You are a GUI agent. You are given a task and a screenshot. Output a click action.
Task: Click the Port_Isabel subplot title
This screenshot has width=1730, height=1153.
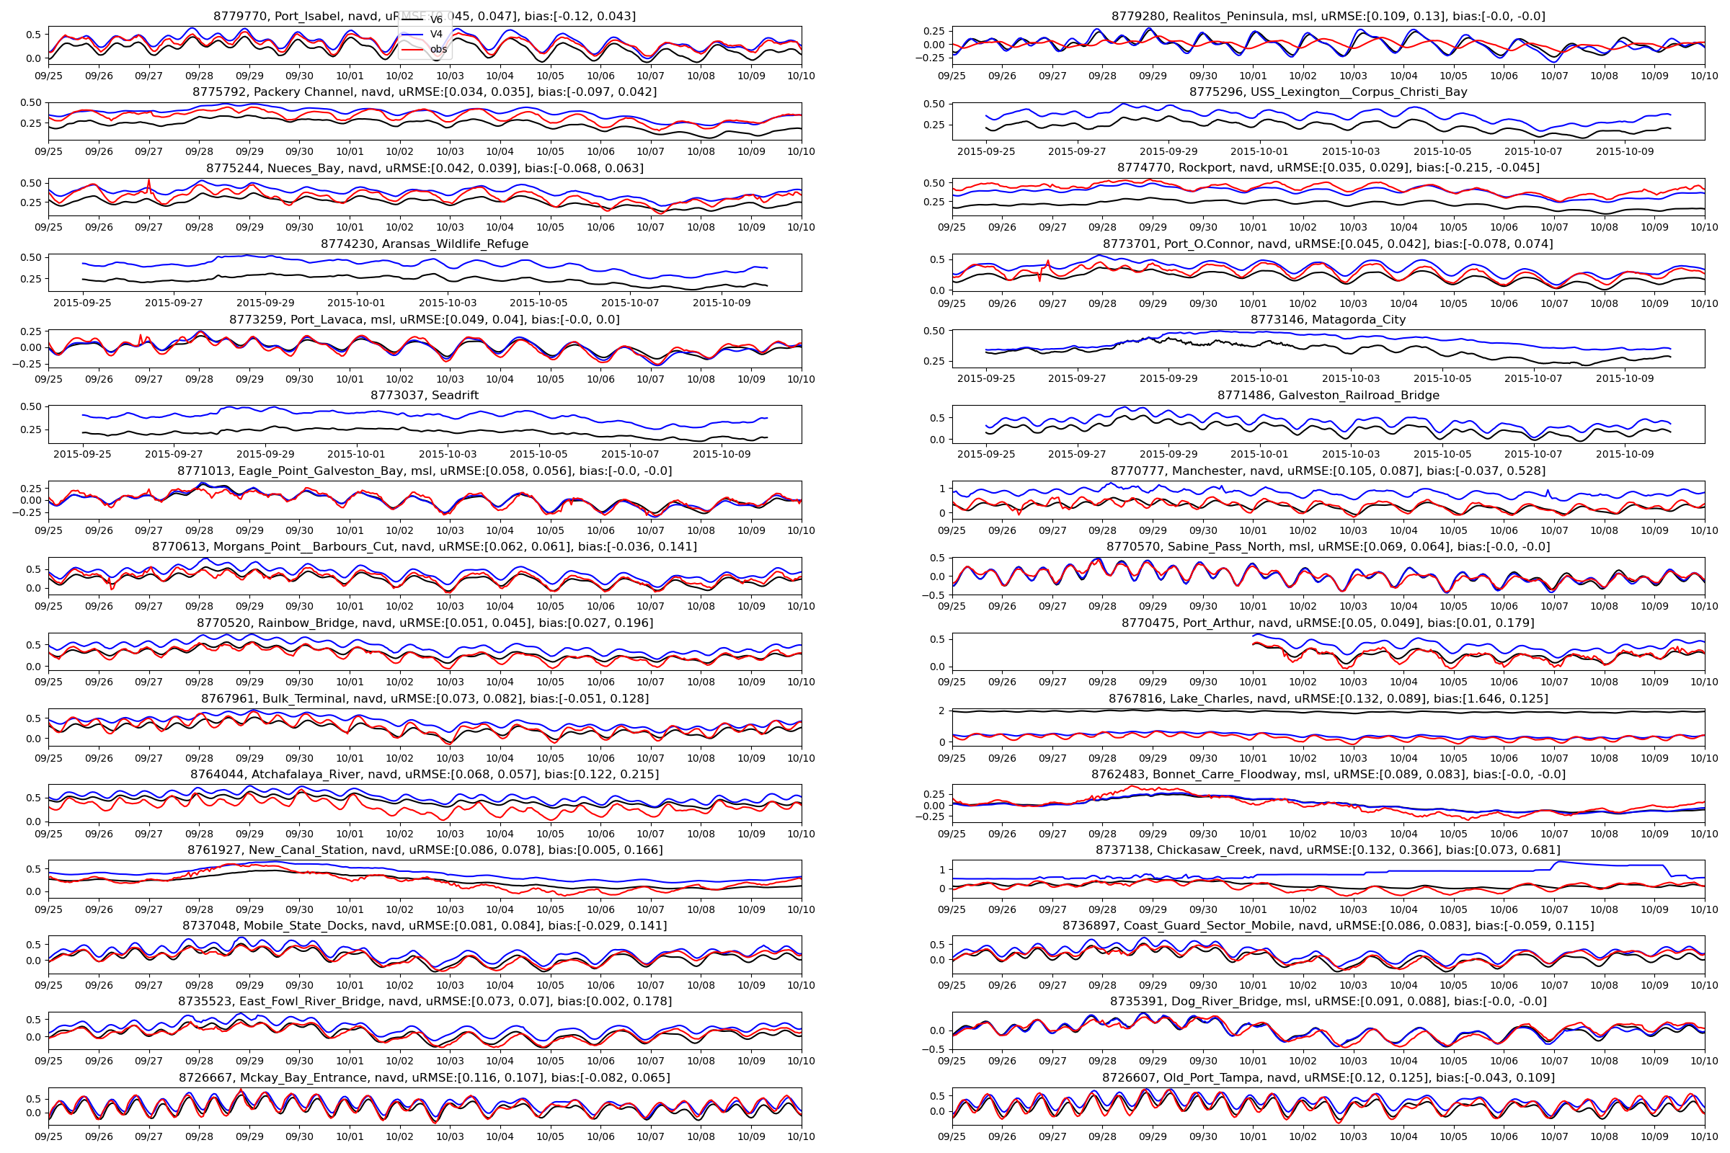point(425,15)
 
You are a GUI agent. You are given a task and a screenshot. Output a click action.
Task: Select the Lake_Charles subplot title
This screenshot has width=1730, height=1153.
point(1328,698)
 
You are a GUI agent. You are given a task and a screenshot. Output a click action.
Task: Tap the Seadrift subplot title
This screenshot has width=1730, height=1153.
point(425,395)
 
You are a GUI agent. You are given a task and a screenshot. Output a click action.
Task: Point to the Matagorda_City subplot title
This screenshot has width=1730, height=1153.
point(1328,319)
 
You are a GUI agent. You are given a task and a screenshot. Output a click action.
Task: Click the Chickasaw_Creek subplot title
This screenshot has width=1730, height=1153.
point(1328,850)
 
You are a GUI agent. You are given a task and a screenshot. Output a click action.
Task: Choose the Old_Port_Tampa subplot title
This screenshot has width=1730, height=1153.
point(1328,1077)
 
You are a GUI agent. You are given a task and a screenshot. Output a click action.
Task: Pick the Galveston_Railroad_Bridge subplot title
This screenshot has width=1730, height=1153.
point(1328,395)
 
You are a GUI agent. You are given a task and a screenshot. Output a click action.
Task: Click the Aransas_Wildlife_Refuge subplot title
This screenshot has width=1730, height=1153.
point(425,244)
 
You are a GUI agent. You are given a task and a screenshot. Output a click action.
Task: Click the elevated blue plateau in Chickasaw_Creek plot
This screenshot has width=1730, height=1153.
point(1603,864)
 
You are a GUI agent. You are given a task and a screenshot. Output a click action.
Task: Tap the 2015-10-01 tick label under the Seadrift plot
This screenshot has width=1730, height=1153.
point(356,454)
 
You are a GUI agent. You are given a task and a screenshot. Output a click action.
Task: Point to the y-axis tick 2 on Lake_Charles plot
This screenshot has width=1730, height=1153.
point(941,711)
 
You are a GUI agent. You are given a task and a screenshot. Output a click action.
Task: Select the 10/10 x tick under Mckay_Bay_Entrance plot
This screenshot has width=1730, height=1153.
point(801,1136)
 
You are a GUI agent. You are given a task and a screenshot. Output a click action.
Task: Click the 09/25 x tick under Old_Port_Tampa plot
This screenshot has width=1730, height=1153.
point(951,1136)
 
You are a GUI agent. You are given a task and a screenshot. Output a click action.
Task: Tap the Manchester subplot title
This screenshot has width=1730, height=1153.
point(1328,471)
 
